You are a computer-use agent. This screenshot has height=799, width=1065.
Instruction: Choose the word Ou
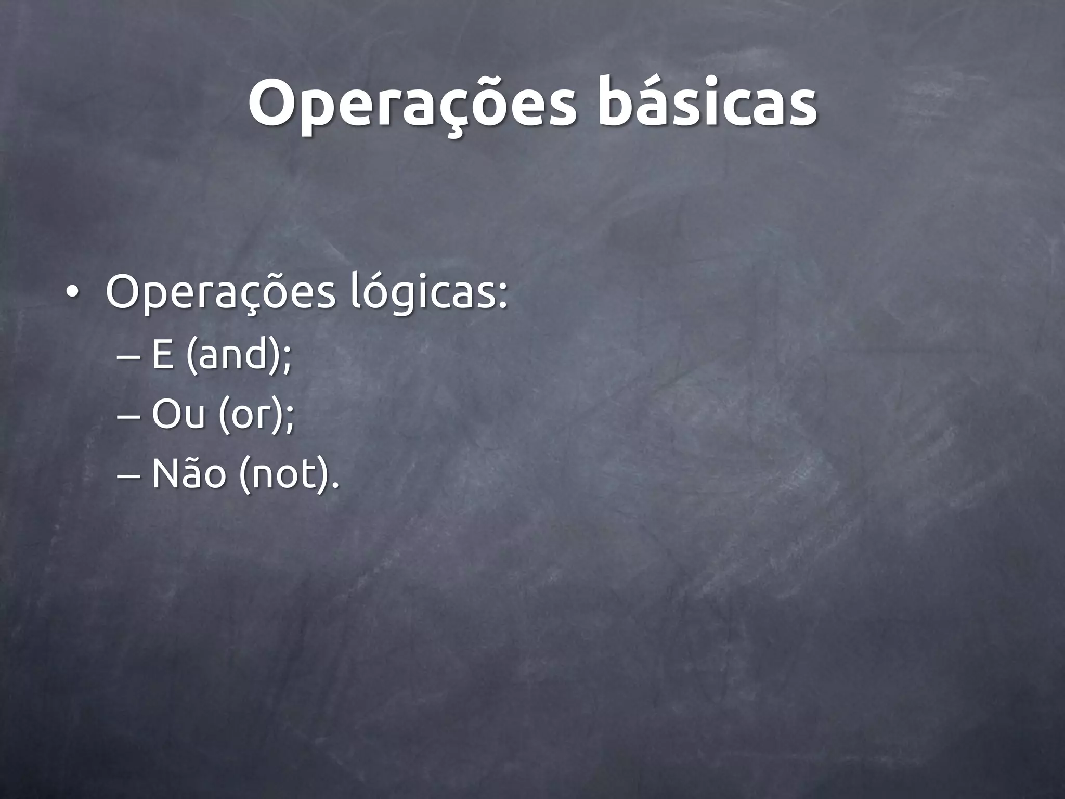coord(177,415)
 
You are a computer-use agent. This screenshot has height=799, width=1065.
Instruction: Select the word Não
coord(189,472)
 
